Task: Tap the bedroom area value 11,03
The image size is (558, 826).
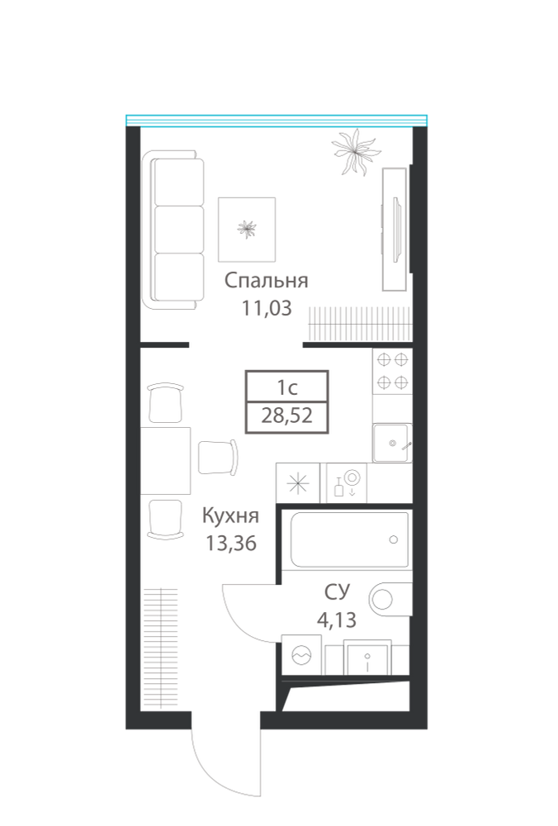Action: coord(266,308)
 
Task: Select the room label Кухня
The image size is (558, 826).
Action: coord(230,516)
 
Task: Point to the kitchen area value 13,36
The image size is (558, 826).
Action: coord(230,544)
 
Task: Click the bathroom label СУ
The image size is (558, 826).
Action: coord(337,592)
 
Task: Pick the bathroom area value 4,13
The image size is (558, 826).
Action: coord(337,620)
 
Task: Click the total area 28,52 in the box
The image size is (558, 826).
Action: coord(287,415)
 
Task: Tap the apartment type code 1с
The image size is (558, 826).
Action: coord(287,388)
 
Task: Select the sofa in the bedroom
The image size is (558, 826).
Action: coord(173,230)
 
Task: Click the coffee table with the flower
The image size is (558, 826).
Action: coord(247,229)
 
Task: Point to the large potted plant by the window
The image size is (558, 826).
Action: coord(355,151)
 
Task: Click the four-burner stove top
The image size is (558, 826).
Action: coord(393,371)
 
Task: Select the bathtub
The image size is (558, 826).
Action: coord(349,539)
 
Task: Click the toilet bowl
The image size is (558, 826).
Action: coord(390,600)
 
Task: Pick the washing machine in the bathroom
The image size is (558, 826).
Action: coord(301,654)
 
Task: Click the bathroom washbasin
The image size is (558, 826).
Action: coord(367,657)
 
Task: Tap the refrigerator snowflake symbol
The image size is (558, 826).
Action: coord(297,483)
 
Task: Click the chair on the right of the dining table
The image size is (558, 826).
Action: coord(218,458)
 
